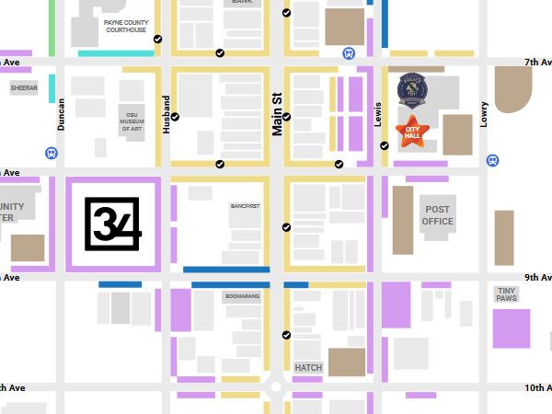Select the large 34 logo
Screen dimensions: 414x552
[112, 224]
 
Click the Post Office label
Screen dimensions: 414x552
[438, 215]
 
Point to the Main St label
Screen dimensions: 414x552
[275, 114]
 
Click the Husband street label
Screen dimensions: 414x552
[167, 115]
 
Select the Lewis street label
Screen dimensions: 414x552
[377, 114]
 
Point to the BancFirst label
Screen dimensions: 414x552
[240, 207]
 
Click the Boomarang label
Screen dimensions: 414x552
[241, 296]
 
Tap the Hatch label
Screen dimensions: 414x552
[308, 367]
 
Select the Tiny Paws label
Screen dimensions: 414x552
[507, 293]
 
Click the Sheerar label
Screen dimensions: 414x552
[25, 88]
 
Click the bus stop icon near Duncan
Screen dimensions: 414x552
[50, 153]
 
